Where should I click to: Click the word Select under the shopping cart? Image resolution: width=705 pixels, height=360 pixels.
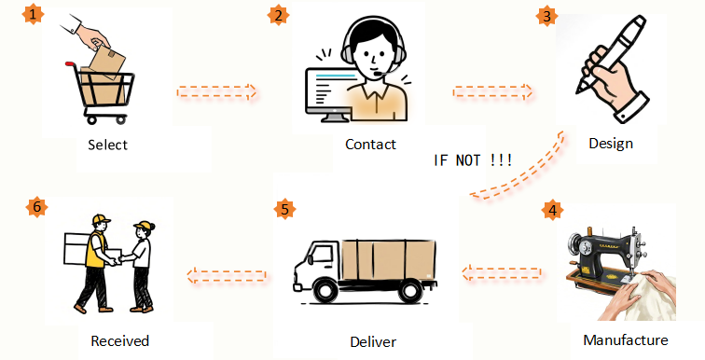coord(107,145)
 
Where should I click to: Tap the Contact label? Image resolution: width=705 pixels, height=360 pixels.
coord(370,145)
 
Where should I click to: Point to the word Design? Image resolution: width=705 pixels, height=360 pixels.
coord(611,144)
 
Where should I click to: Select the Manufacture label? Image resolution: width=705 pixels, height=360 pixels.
coord(626,339)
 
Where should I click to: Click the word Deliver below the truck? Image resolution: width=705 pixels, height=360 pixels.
coord(373,341)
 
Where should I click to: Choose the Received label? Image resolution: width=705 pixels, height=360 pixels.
coord(119,340)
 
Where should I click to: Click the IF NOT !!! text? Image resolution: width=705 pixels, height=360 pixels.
coord(473,160)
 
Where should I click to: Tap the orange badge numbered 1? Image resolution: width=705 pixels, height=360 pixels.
coord(33,14)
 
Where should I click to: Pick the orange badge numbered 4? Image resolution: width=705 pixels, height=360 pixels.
coord(552,210)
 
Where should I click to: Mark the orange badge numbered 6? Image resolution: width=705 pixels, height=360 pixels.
coord(37,207)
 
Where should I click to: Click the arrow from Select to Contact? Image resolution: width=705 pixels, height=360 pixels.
coord(216,91)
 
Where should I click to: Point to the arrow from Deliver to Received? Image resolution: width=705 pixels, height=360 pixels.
coord(227,275)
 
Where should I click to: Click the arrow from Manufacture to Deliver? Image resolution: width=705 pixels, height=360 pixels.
coord(502,273)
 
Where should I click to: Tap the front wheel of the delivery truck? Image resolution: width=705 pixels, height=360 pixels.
coord(325,290)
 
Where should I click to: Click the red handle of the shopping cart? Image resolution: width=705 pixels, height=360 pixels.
coord(71,64)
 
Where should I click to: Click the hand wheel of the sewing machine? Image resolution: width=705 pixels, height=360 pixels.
coord(575,247)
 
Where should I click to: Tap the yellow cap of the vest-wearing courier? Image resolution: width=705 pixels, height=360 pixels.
coord(101,219)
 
